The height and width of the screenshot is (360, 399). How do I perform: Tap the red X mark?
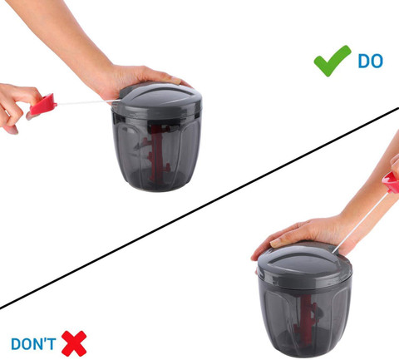tap(74, 343)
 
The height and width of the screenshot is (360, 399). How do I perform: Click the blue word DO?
tap(371, 61)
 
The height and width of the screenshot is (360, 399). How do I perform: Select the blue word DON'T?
tap(33, 343)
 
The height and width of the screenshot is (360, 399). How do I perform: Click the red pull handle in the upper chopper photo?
tap(43, 105)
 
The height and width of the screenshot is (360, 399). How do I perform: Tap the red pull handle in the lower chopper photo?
tap(392, 182)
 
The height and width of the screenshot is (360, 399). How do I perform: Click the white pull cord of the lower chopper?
tap(360, 223)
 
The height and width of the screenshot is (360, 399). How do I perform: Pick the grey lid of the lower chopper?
tap(304, 265)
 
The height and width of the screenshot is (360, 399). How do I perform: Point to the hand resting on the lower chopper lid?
tap(305, 234)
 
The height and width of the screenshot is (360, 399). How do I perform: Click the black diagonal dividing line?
tap(199, 208)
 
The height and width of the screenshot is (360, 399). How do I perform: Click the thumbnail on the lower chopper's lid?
tap(276, 244)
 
